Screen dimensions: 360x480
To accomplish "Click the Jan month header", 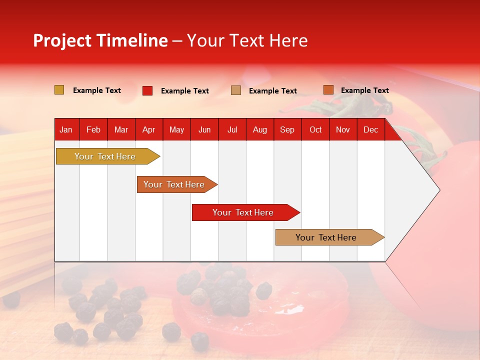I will click(66, 129).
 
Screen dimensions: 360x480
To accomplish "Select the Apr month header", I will click(148, 129).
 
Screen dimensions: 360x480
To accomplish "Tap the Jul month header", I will click(232, 129).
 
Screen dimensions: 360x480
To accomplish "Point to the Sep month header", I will click(287, 129).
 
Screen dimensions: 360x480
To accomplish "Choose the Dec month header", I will click(370, 129).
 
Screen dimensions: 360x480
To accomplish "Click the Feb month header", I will click(93, 129).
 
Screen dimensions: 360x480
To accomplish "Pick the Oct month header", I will click(315, 129).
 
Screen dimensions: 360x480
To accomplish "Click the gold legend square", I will click(59, 90).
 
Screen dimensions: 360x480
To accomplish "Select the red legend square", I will click(147, 90).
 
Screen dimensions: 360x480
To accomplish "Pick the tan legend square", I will click(236, 90).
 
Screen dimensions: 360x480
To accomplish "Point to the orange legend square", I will click(328, 90).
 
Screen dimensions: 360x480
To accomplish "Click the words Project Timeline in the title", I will click(100, 40).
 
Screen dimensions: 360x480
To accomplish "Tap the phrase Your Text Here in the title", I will click(247, 40).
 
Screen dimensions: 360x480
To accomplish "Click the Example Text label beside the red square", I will click(185, 91).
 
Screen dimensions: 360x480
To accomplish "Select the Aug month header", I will click(259, 129).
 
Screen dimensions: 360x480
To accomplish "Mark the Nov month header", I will click(343, 129).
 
